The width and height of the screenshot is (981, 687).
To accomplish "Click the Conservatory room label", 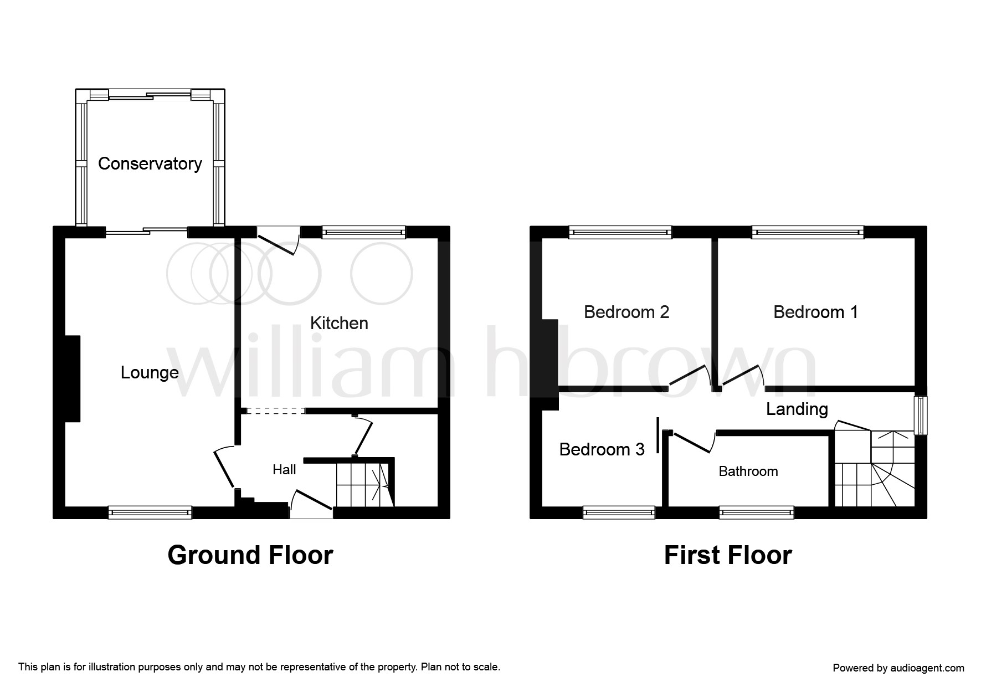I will pyautogui.click(x=150, y=163).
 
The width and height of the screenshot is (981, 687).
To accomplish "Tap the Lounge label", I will pyautogui.click(x=150, y=372).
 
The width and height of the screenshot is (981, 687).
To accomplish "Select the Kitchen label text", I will pyautogui.click(x=339, y=323).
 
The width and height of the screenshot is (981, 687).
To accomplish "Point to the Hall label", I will pyautogui.click(x=284, y=470).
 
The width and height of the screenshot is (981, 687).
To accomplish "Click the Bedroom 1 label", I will pyautogui.click(x=815, y=312).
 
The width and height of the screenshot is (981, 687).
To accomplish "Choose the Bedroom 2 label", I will pyautogui.click(x=626, y=312).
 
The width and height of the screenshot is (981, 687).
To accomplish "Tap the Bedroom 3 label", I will pyautogui.click(x=602, y=449).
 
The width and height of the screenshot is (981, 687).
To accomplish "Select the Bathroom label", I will pyautogui.click(x=748, y=471).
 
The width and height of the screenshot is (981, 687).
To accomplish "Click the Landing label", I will pyautogui.click(x=797, y=409).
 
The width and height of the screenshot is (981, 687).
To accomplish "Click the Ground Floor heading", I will pyautogui.click(x=250, y=555).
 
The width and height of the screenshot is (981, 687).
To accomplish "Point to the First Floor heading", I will pyautogui.click(x=728, y=555).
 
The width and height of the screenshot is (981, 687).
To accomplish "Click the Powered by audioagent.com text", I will pyautogui.click(x=898, y=668).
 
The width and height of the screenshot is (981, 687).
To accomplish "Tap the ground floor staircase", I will pyautogui.click(x=363, y=485).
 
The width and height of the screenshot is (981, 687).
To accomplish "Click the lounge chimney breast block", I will pyautogui.click(x=73, y=378).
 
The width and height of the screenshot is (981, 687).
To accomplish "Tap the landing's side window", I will pyautogui.click(x=920, y=416).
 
